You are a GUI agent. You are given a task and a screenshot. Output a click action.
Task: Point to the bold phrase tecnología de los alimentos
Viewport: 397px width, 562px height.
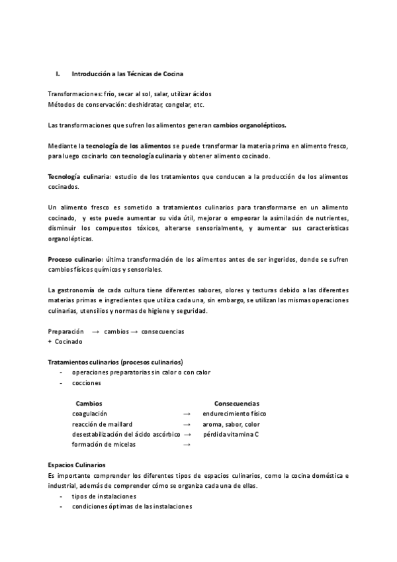pos(128,145)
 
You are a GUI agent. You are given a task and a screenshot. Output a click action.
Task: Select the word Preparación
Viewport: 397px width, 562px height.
pos(66,331)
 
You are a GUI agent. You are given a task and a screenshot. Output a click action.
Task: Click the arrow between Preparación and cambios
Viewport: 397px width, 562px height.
pos(95,331)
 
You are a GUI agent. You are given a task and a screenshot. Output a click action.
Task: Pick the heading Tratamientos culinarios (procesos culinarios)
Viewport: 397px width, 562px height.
pos(116,362)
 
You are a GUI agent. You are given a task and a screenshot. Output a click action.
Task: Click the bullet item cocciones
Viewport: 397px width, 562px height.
pos(87,383)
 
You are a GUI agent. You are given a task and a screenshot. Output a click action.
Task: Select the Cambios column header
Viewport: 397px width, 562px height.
pos(89,403)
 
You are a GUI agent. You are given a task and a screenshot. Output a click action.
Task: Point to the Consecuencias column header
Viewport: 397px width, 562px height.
pos(236,403)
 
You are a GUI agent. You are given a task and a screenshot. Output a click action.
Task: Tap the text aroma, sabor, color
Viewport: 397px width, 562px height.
pos(231,424)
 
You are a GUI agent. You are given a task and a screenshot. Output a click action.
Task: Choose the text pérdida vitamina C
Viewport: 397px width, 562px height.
pos(230,434)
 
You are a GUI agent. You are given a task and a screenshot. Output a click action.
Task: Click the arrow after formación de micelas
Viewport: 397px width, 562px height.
pos(187,445)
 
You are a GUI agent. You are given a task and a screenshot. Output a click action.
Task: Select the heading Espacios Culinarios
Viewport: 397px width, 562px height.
pos(77,465)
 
